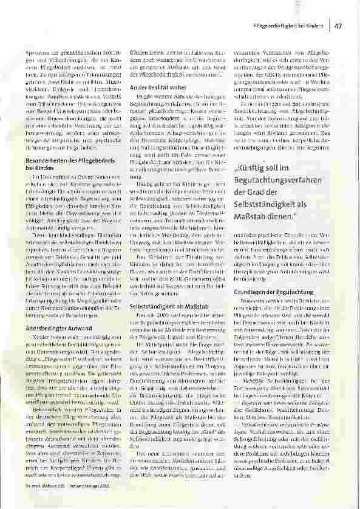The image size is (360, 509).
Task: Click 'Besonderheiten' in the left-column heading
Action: coord(47,161)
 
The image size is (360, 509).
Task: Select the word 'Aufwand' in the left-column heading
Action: coord(78,328)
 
